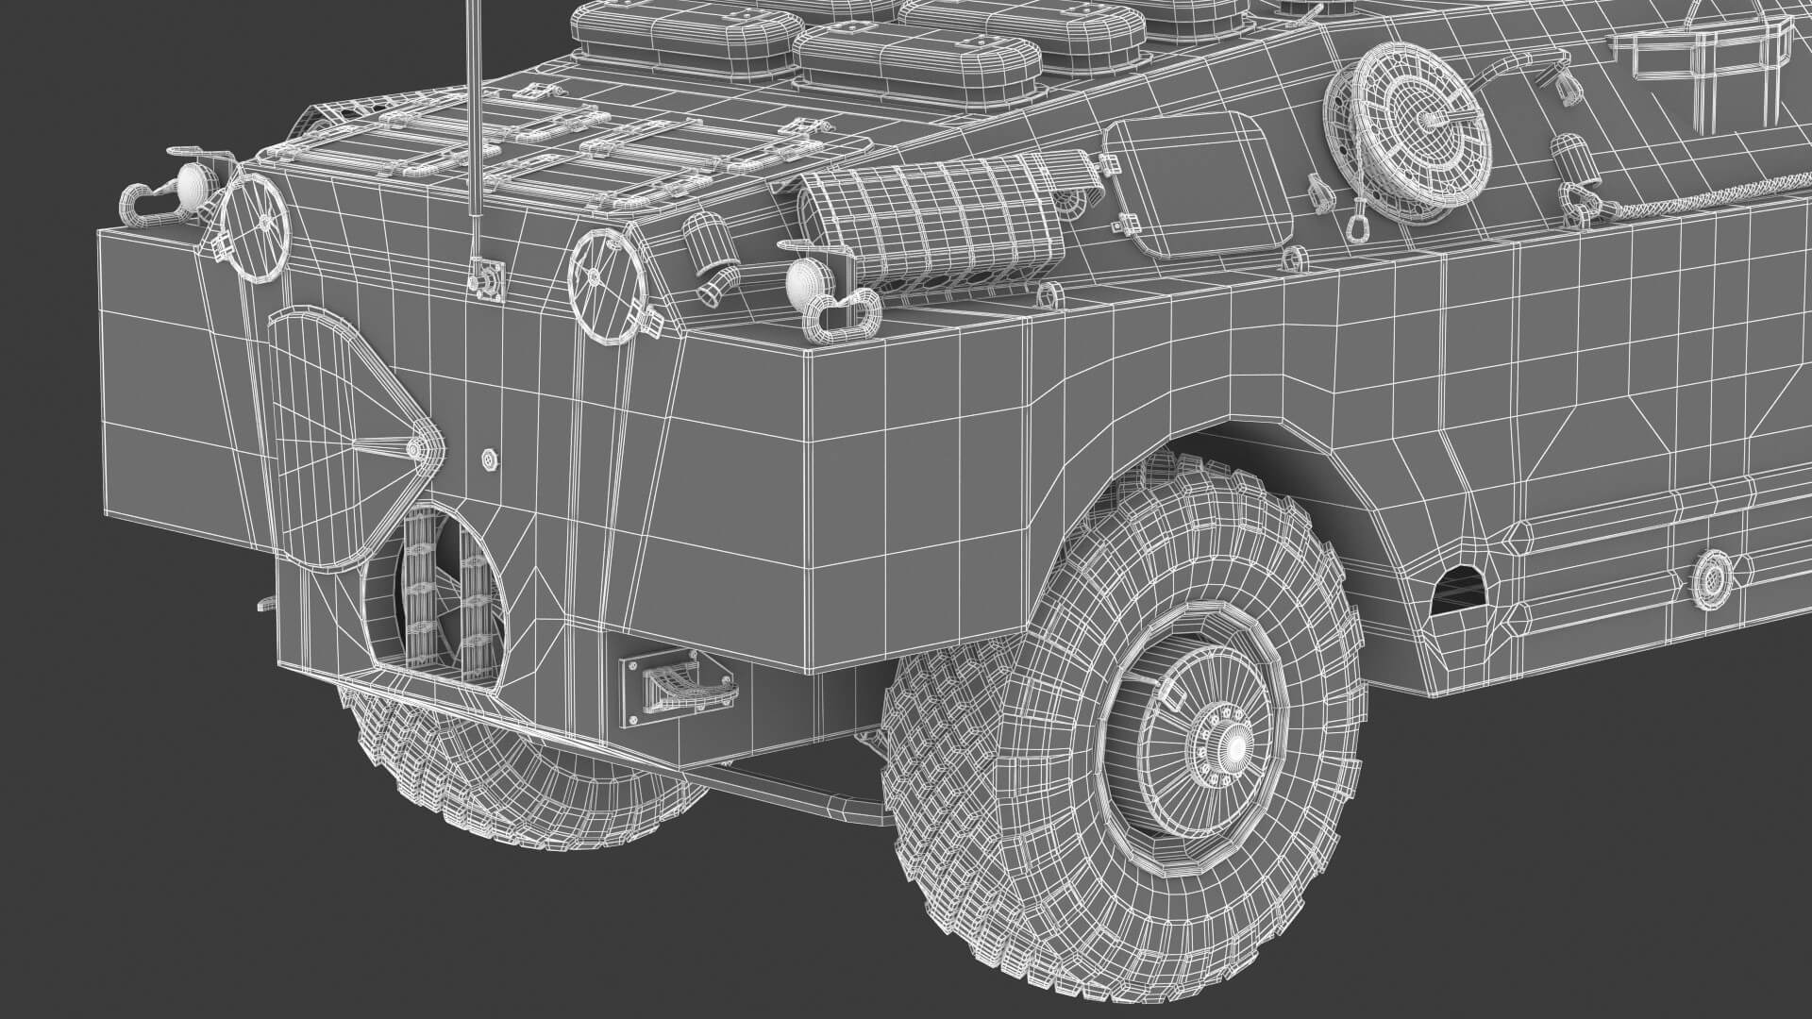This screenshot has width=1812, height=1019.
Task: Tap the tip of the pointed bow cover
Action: tap(416, 450)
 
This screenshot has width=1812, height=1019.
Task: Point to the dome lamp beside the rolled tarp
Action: tap(804, 279)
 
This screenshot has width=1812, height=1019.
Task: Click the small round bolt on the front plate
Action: tap(488, 459)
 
